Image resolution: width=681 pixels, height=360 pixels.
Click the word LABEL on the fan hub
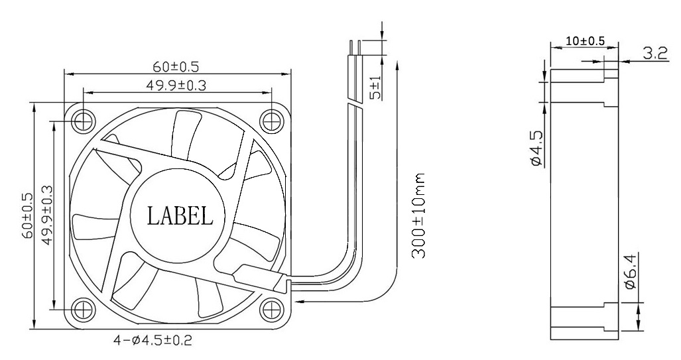pyautogui.click(x=180, y=215)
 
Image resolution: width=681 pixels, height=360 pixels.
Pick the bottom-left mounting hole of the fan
pyautogui.click(x=84, y=308)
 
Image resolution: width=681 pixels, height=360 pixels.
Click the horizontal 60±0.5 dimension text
pyautogui.click(x=176, y=66)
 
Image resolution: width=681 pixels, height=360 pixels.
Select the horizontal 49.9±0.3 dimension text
pyautogui.click(x=176, y=86)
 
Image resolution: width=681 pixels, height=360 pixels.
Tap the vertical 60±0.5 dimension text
pyautogui.click(x=27, y=215)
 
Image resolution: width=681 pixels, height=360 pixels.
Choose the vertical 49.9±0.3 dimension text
pyautogui.click(x=46, y=215)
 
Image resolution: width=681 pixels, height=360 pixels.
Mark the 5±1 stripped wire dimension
pyautogui.click(x=376, y=88)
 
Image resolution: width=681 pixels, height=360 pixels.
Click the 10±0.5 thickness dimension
pyautogui.click(x=584, y=41)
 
